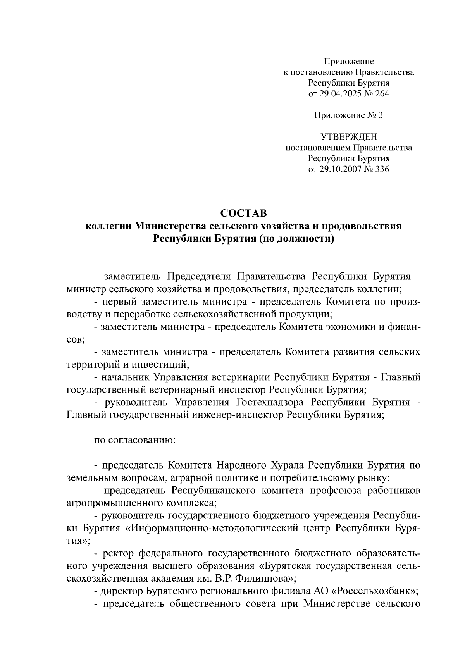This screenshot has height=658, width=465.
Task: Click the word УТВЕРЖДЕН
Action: (x=348, y=137)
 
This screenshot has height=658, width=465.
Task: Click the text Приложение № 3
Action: (x=348, y=115)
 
